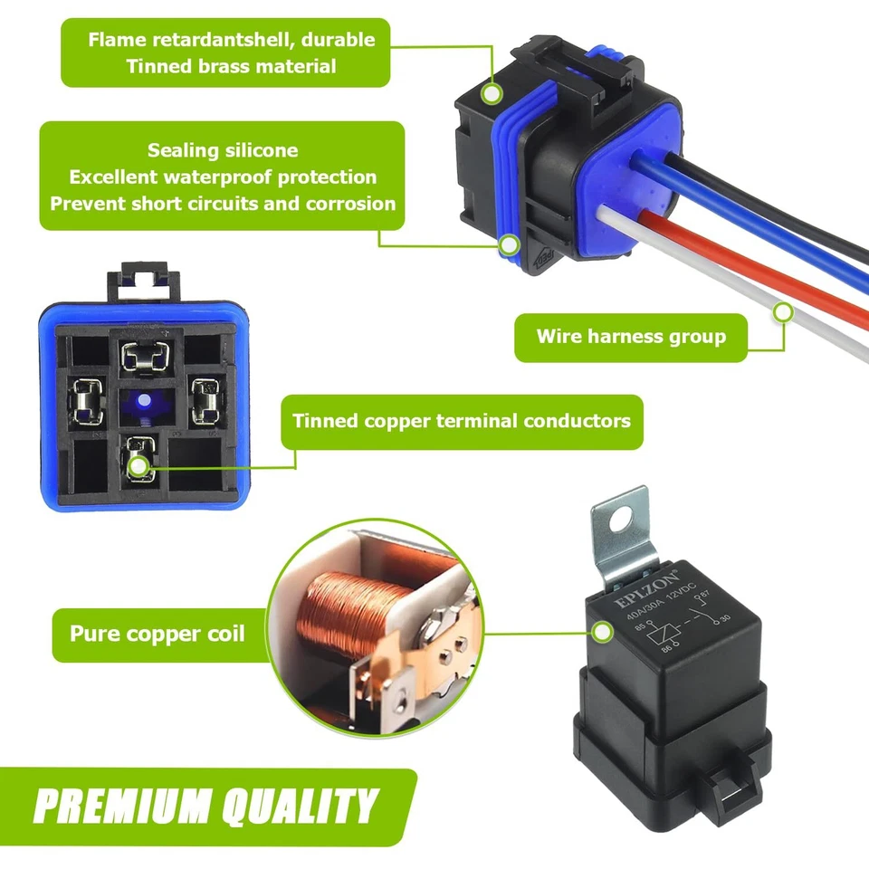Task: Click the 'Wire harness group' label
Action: pyautogui.click(x=631, y=337)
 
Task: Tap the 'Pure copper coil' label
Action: pyautogui.click(x=158, y=632)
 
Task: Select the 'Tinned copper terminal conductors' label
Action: pyautogui.click(x=462, y=421)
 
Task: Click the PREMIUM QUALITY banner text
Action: pyautogui.click(x=206, y=806)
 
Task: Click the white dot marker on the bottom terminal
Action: pyautogui.click(x=138, y=466)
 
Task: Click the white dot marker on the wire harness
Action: pyautogui.click(x=783, y=312)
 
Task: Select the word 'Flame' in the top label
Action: pyautogui.click(x=117, y=40)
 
